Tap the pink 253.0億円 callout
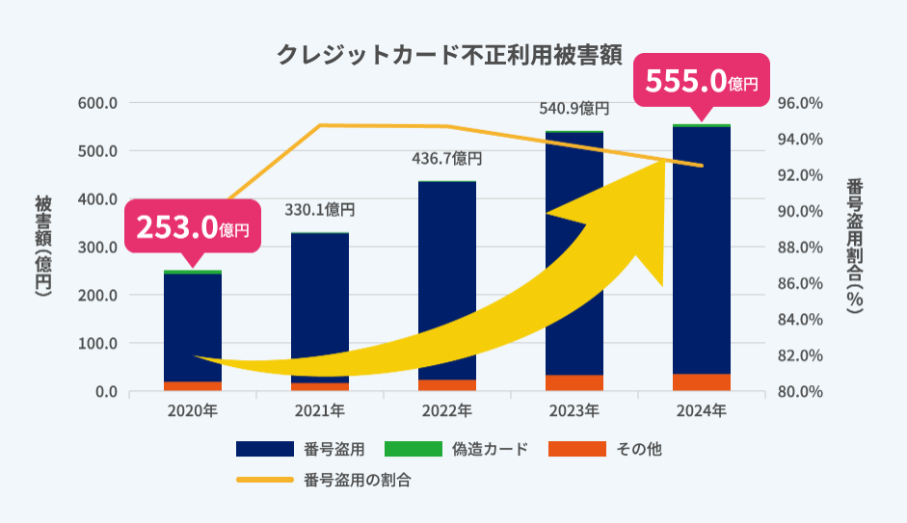(193, 228)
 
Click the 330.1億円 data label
(320, 209)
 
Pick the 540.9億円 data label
(574, 108)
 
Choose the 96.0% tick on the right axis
(799, 103)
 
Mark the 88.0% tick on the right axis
(799, 248)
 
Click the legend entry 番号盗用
(333, 449)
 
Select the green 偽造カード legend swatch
(413, 449)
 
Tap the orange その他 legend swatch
(576, 449)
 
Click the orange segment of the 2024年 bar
(701, 382)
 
